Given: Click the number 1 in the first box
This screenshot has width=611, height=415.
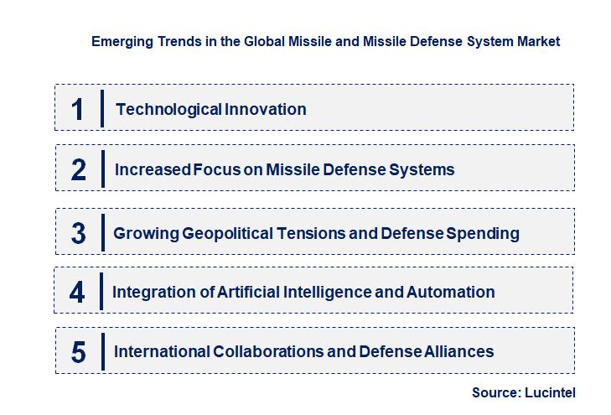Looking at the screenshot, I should (78, 109).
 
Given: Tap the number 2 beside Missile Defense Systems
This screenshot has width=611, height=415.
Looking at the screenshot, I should (79, 170).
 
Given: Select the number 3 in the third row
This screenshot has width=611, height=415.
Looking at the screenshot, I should (79, 233).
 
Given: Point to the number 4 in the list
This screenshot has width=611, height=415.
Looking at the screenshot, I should (77, 293).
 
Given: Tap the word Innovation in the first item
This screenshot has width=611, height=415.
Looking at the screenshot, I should (266, 109).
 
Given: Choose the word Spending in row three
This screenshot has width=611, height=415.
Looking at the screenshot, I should (485, 233).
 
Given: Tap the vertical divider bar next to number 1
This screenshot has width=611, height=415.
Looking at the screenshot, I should (101, 108).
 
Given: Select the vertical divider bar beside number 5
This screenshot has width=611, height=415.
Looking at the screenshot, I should (101, 351).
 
